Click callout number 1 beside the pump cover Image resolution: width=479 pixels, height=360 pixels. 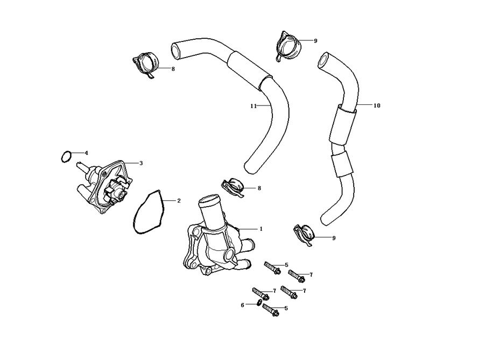point(261,229)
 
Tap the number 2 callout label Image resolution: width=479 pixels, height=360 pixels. point(179,201)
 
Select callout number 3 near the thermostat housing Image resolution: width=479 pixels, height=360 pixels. point(141,163)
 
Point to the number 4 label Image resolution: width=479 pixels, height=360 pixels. point(86,153)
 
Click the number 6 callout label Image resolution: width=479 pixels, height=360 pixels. point(242,305)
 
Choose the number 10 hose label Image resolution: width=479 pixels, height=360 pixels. point(377,105)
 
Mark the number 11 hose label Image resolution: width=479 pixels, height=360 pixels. point(252,106)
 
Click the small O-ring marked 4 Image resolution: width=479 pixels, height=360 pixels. point(65,157)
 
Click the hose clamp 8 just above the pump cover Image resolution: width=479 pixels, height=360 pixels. point(234,186)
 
